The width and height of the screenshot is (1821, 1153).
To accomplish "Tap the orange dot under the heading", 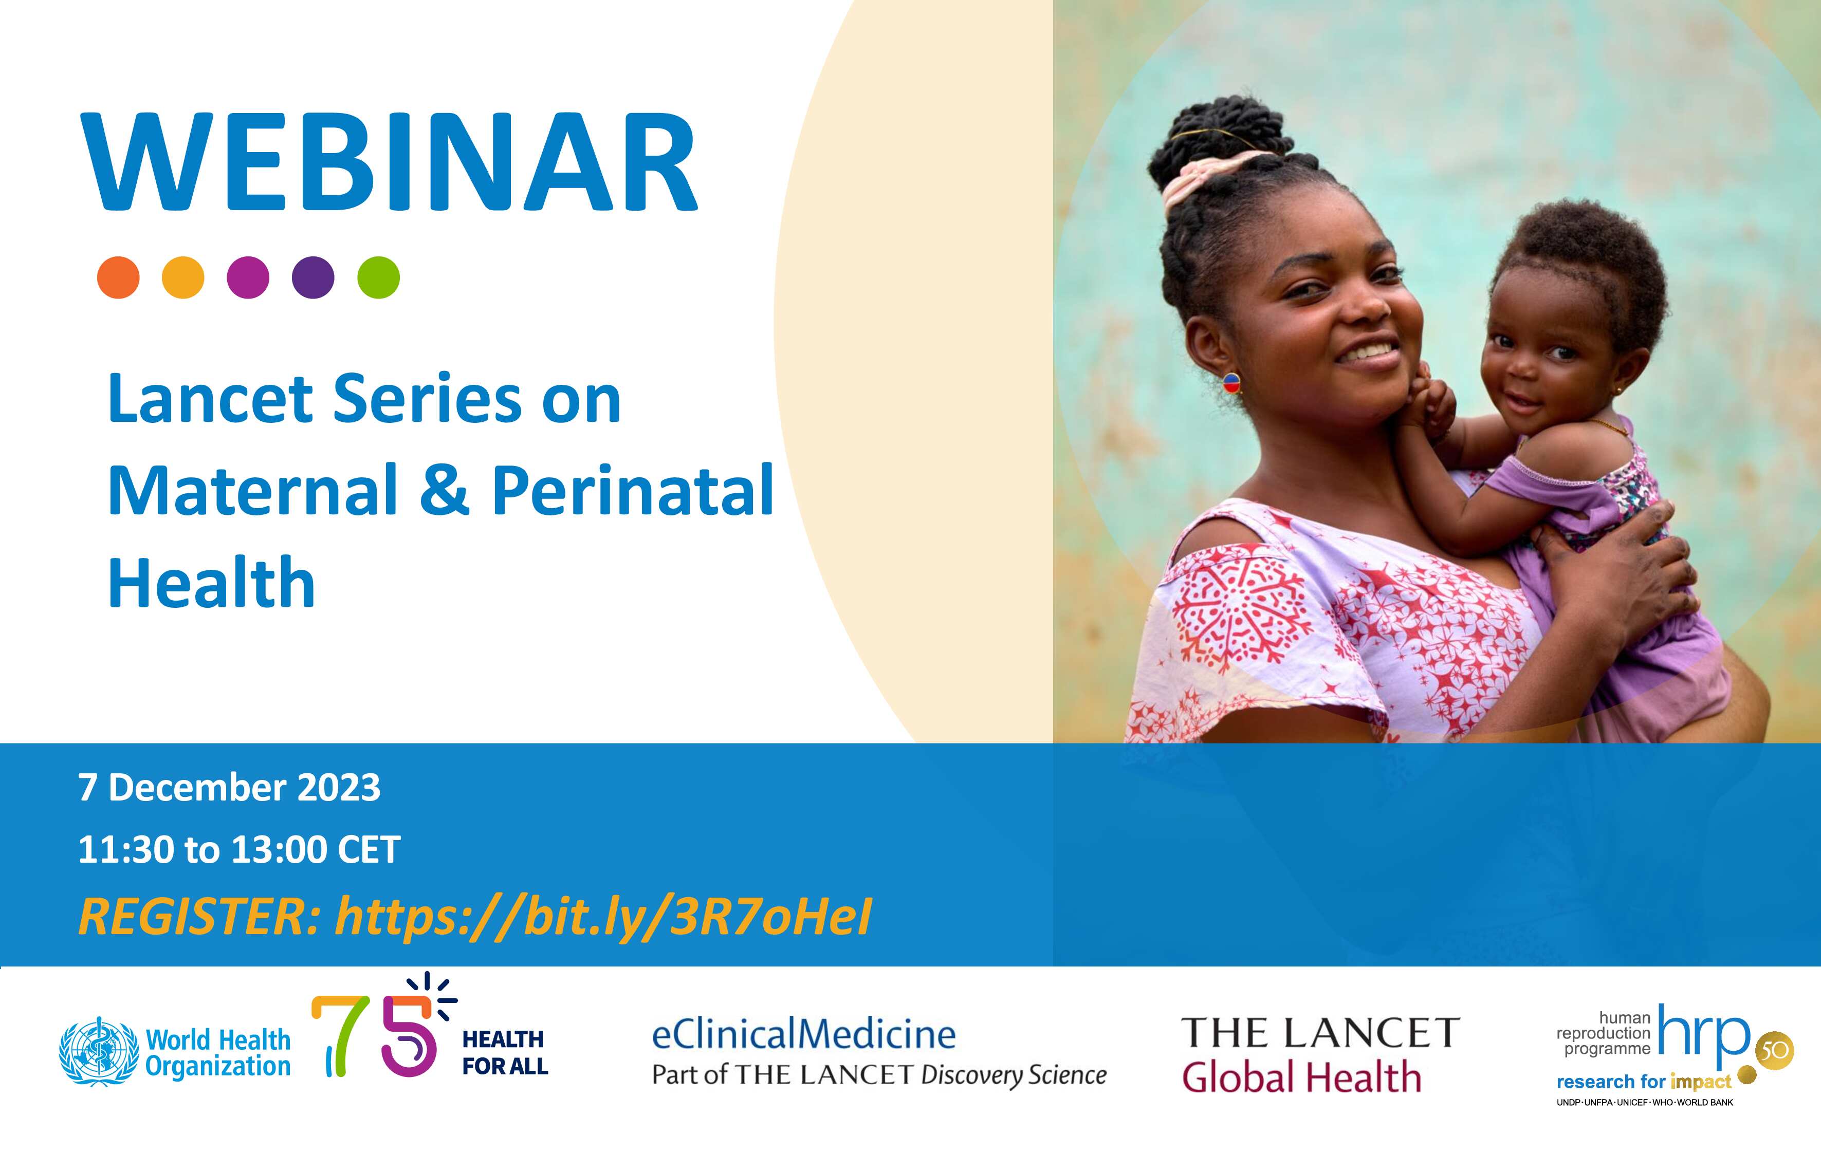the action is point(119,277).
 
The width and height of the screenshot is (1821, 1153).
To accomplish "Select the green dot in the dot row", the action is point(378,277).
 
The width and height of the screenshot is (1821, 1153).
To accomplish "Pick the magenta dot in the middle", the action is point(248,277).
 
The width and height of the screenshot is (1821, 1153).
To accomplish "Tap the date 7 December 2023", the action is point(229,788).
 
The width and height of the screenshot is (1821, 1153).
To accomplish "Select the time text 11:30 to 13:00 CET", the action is point(239,850).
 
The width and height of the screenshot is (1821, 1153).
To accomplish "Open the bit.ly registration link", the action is point(603,917).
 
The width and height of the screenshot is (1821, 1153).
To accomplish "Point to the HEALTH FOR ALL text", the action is point(504,1052).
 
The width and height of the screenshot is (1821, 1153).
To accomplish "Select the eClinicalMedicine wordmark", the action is point(804,1034).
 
